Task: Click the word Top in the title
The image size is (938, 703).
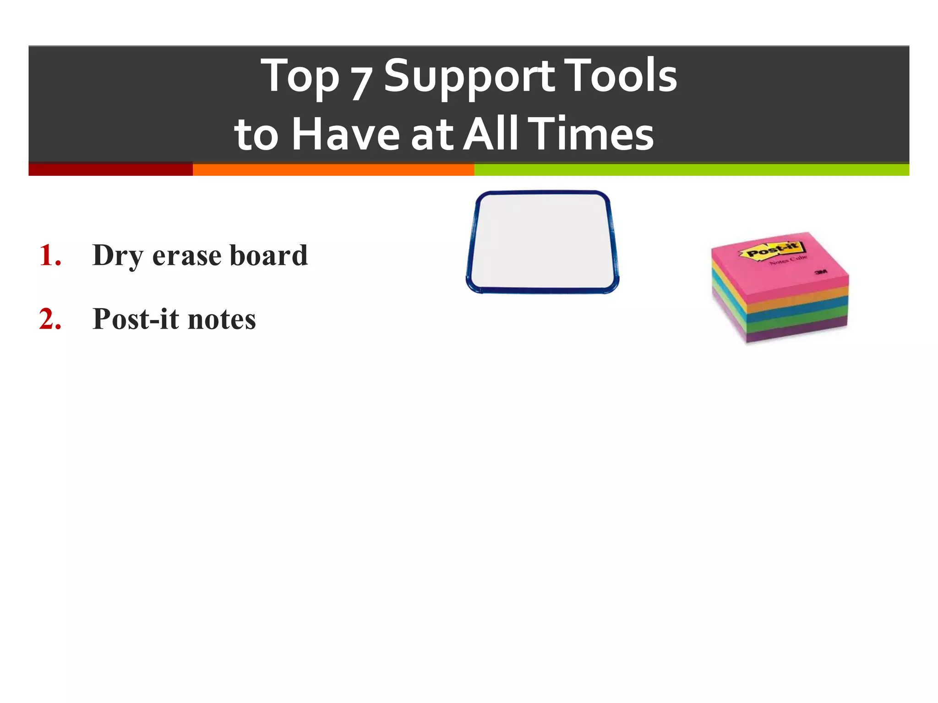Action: point(300,77)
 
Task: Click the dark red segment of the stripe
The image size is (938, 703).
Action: point(110,169)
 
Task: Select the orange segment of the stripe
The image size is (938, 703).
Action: point(333,169)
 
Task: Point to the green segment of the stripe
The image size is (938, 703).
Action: point(691,169)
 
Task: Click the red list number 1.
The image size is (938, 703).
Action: point(50,255)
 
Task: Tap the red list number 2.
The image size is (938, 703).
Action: point(50,319)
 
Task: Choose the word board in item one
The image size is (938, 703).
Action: point(268,255)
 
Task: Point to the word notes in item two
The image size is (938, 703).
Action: point(222,320)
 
